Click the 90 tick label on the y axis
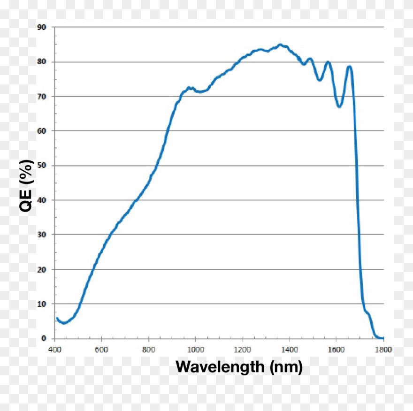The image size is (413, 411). (42, 27)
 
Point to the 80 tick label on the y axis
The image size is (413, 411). (42, 61)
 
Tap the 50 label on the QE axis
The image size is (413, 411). (42, 166)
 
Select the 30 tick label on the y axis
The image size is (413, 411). (42, 235)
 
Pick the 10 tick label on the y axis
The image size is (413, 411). (42, 304)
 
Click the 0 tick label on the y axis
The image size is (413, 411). (44, 338)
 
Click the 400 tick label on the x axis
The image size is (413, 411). (54, 350)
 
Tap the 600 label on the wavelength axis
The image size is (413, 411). (101, 350)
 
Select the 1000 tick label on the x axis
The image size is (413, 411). (195, 350)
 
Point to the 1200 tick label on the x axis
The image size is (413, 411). (242, 350)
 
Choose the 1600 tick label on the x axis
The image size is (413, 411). (336, 350)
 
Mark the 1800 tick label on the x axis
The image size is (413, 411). (383, 350)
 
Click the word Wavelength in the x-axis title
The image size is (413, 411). (220, 366)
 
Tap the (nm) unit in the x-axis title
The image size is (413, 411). (286, 366)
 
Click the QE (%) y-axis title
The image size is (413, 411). (27, 186)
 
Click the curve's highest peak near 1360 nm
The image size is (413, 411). (280, 45)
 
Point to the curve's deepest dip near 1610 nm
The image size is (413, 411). (339, 107)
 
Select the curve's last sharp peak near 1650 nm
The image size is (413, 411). (349, 66)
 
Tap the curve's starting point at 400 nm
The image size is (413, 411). (57, 318)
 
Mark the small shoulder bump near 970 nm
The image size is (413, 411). (189, 87)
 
